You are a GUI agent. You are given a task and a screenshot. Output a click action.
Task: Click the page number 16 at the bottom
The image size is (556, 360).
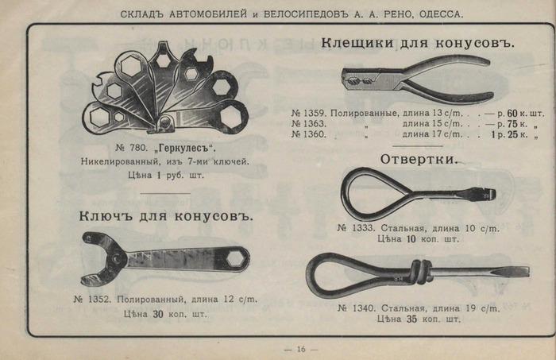point(301,349)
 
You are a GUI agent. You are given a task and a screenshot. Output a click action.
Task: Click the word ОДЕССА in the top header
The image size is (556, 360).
point(437,14)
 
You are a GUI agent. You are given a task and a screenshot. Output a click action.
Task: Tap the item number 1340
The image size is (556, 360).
point(355,307)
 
